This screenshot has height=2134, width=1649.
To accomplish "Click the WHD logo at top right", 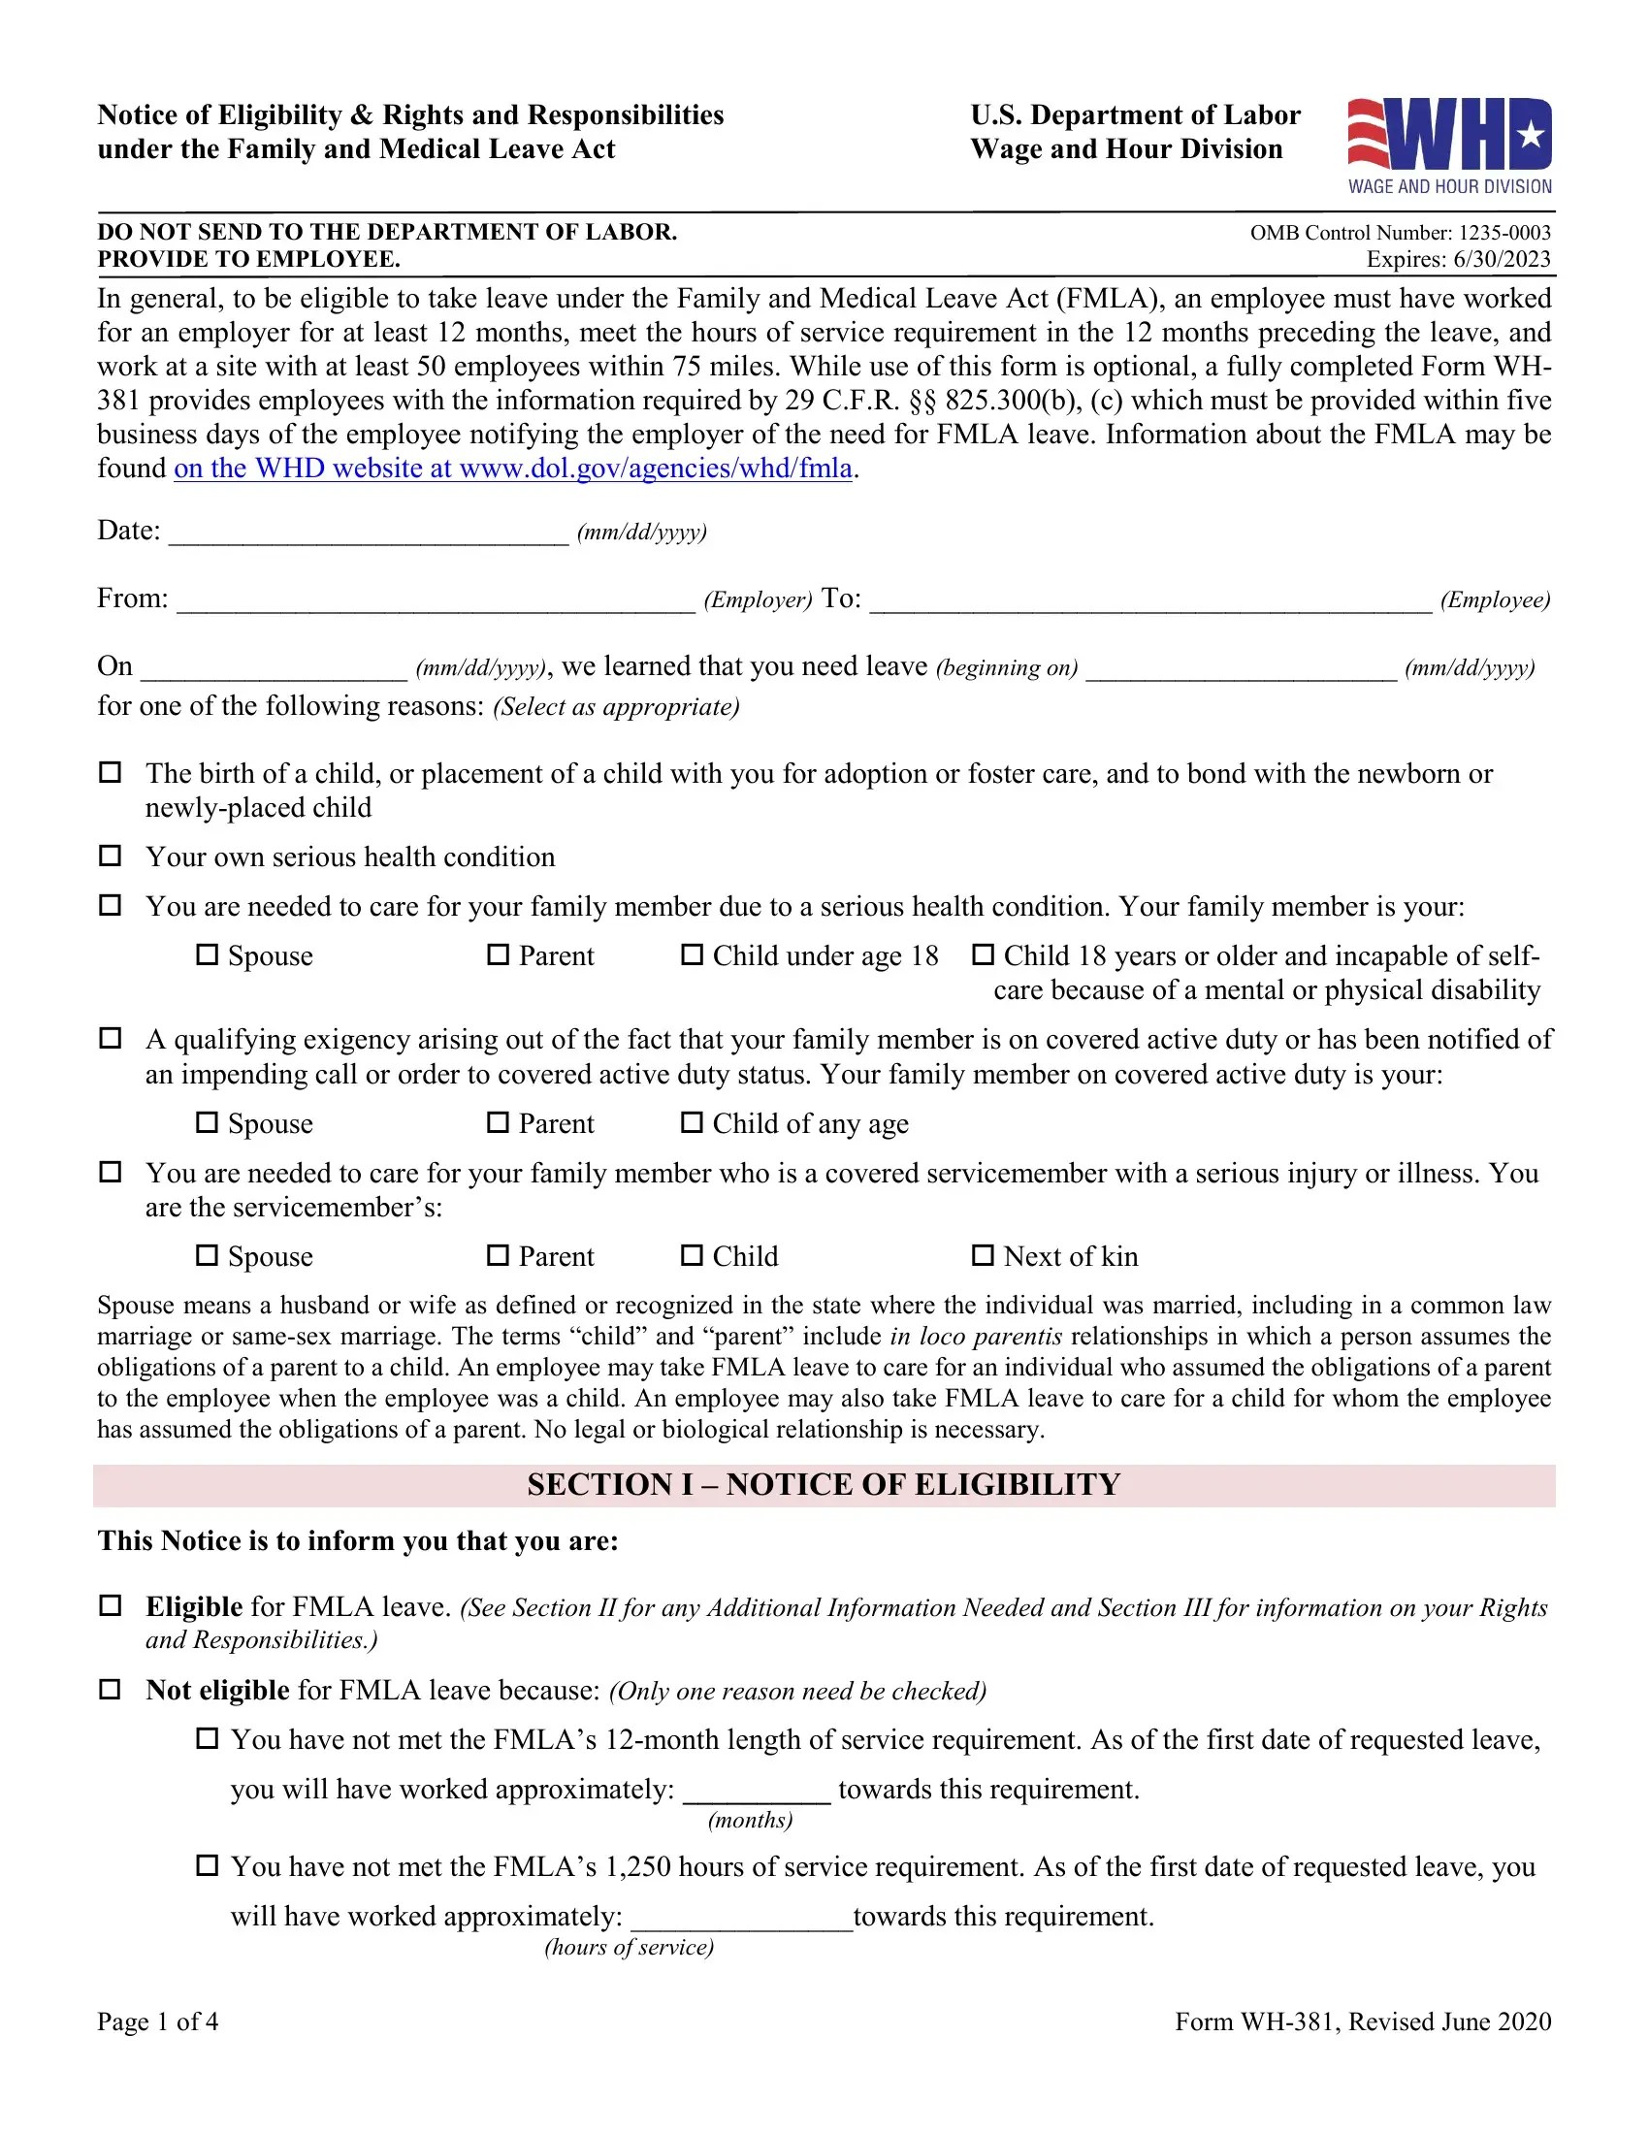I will click(1449, 145).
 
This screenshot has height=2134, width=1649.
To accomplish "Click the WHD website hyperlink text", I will click(513, 469).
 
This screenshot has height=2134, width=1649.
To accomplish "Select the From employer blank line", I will click(436, 601).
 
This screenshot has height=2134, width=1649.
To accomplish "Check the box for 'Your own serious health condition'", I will click(111, 856).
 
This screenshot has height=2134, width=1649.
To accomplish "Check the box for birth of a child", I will click(111, 772).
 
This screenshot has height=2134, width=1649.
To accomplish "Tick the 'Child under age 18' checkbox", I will click(692, 954).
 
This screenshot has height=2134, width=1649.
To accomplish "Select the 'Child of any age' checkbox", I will click(692, 1122).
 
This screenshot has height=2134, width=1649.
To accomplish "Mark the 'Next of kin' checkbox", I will click(983, 1255).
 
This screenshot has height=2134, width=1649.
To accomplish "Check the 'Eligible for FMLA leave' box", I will click(111, 1605).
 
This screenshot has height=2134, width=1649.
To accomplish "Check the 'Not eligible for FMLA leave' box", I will click(111, 1690).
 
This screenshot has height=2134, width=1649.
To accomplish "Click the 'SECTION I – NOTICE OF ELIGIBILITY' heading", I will click(824, 1485).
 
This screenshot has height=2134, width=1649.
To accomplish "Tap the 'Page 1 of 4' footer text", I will click(157, 2021).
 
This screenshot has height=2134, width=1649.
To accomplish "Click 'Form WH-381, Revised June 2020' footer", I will click(1362, 2021).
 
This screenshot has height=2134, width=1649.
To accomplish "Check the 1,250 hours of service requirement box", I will click(208, 1865).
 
